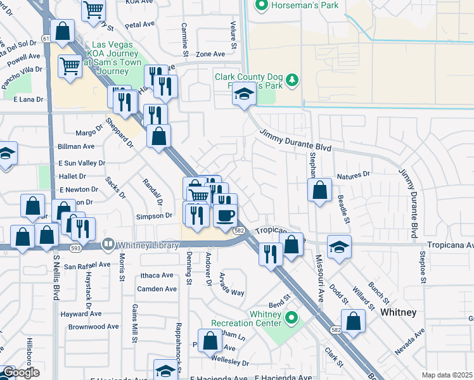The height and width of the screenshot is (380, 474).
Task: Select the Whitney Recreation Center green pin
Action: pos(291,317)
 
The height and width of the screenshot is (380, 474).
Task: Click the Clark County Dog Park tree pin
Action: pos(291,80)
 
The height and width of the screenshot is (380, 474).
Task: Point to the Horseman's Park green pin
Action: pos(260,6)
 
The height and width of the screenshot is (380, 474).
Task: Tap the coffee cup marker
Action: pos(224,215)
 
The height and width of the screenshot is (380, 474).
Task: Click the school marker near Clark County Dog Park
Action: pos(243,94)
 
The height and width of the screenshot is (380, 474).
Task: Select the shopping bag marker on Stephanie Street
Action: pos(320,189)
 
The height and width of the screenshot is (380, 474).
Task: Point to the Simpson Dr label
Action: pos(155,215)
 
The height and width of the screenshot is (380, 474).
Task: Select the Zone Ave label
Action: pos(211,55)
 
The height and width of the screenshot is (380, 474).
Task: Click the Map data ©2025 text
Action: pos(447,375)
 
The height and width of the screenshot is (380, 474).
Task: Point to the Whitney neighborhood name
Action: pos(398,313)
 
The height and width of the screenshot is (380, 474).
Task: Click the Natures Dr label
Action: pos(354,175)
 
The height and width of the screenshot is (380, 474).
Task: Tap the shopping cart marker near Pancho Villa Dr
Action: pos(70,65)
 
